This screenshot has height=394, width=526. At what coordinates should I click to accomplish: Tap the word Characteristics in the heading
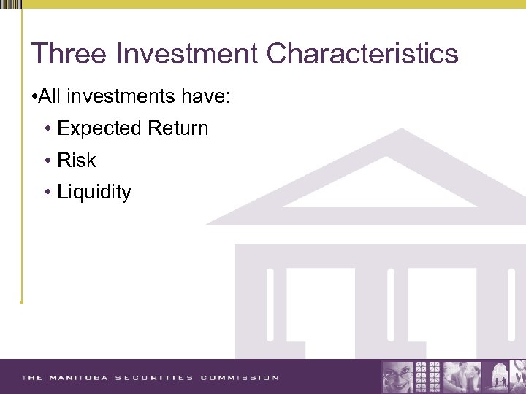(x=362, y=54)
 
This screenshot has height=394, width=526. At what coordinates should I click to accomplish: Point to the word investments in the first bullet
(x=125, y=96)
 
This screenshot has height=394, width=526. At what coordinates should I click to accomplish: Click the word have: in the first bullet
(x=208, y=96)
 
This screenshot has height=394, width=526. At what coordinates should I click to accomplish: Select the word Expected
(x=100, y=129)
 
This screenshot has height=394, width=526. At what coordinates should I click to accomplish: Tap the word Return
(x=178, y=128)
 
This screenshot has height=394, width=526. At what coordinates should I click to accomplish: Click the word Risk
(x=77, y=161)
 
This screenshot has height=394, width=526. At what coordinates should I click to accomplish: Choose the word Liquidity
(x=94, y=193)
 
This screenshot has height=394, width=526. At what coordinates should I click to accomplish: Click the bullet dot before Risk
(x=47, y=161)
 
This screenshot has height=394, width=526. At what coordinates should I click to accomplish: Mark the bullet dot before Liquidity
(x=47, y=193)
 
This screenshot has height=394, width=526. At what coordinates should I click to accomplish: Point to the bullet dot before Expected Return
(x=47, y=129)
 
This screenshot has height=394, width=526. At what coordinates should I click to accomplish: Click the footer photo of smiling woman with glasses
(x=399, y=376)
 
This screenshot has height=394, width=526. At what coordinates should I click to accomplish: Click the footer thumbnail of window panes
(x=428, y=376)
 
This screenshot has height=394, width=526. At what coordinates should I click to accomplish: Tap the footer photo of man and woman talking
(x=463, y=376)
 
